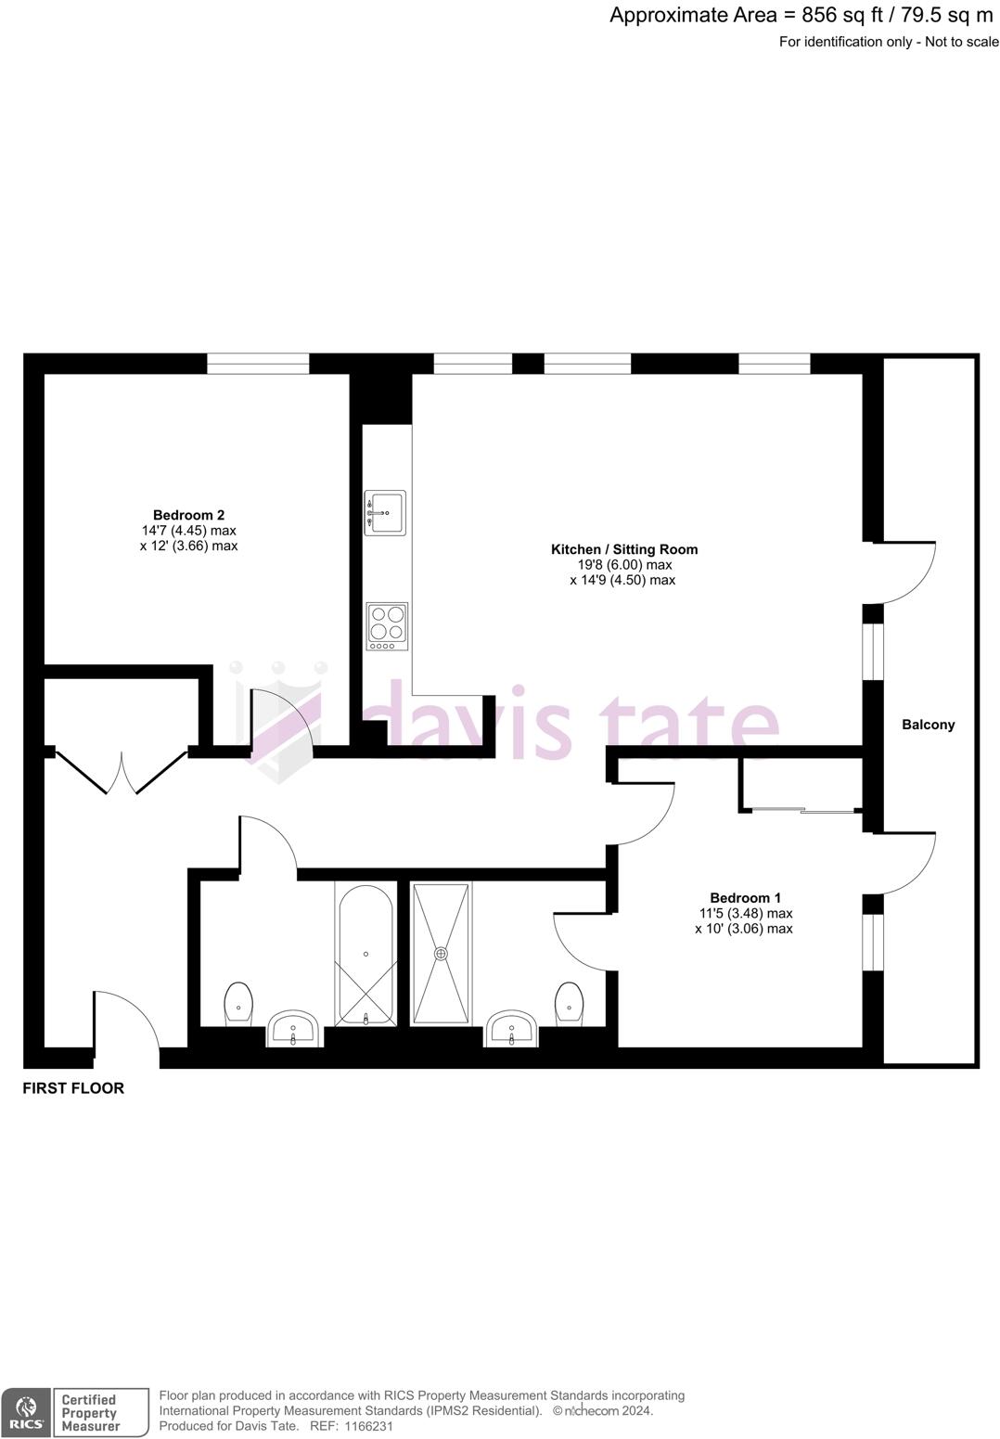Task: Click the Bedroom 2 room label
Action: tap(188, 515)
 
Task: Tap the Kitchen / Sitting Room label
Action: tap(623, 549)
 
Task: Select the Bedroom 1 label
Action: tap(745, 897)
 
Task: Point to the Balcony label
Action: tap(928, 725)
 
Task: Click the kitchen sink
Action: tap(385, 512)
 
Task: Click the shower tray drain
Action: tap(441, 953)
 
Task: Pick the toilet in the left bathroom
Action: tap(238, 1003)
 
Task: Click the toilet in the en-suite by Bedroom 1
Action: tap(569, 1003)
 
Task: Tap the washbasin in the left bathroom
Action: tap(295, 1028)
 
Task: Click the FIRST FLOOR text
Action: tap(73, 1088)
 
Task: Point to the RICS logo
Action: tap(26, 1412)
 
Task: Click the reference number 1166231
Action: tap(369, 1426)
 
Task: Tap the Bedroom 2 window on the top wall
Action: tap(257, 364)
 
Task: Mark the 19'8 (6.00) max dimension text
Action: tap(623, 565)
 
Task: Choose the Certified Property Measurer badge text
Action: tap(90, 1412)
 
